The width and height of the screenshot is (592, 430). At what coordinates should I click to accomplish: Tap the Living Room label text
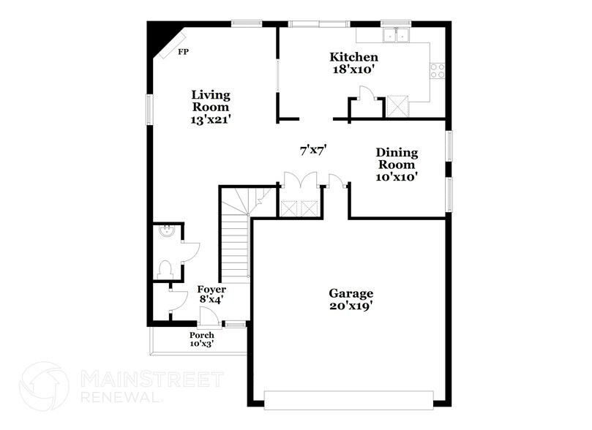(211, 106)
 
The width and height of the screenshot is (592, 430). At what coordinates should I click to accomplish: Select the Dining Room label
(397, 164)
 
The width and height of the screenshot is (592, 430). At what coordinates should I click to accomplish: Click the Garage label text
(355, 299)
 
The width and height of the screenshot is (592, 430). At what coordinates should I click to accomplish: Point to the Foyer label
(211, 295)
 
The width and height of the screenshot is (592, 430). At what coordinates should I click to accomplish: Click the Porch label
(202, 339)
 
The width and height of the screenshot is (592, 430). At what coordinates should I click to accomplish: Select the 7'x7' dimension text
(312, 150)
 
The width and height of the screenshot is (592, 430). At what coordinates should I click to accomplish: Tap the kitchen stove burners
(438, 70)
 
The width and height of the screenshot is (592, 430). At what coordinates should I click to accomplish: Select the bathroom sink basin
(166, 232)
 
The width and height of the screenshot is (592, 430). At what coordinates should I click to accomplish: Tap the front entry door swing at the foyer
(209, 316)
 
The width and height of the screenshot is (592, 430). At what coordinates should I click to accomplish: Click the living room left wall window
(149, 110)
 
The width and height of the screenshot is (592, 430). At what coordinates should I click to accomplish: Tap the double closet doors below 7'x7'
(300, 181)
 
